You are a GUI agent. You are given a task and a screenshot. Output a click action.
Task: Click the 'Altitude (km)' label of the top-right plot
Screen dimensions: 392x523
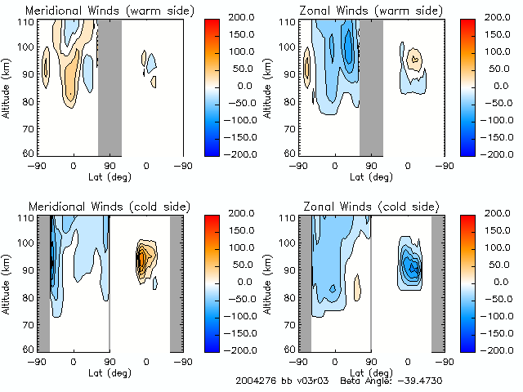(269, 87)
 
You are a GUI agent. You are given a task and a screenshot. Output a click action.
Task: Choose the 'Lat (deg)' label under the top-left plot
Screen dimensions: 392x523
(110, 176)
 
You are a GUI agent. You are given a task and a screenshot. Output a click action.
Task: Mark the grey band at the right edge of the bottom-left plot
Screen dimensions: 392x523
(176, 282)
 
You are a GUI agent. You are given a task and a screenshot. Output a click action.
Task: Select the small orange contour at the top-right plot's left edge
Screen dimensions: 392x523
(307, 67)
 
